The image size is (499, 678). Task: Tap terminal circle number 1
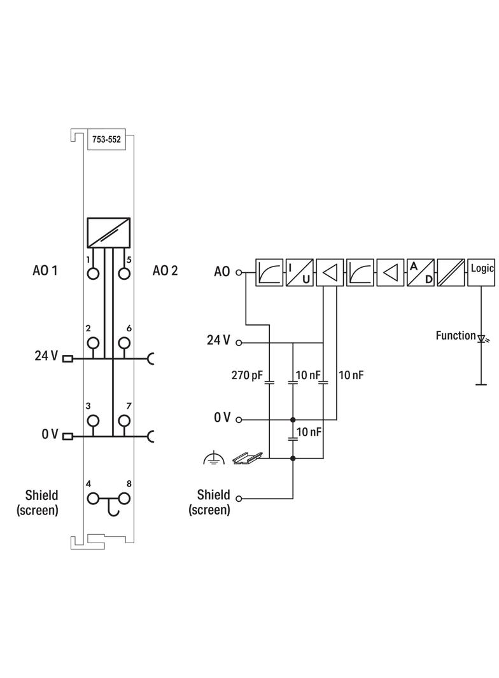94,273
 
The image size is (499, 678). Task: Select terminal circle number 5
124,273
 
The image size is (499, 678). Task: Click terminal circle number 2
94,343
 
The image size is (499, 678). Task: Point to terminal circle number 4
94,499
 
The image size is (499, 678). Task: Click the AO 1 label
45,271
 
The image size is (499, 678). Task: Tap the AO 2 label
165,271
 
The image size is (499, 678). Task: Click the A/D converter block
421,272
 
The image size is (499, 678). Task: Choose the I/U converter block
299,272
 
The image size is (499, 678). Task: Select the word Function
455,335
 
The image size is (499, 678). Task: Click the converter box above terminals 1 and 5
108,232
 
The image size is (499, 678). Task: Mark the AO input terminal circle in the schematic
239,272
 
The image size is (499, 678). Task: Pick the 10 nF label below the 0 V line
309,432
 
